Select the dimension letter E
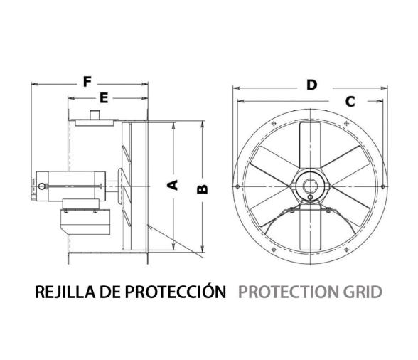click(x=104, y=98)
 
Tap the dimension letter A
click(x=171, y=186)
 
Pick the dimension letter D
click(x=311, y=85)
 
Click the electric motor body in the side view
click(x=75, y=185)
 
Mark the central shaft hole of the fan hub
click(x=310, y=186)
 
